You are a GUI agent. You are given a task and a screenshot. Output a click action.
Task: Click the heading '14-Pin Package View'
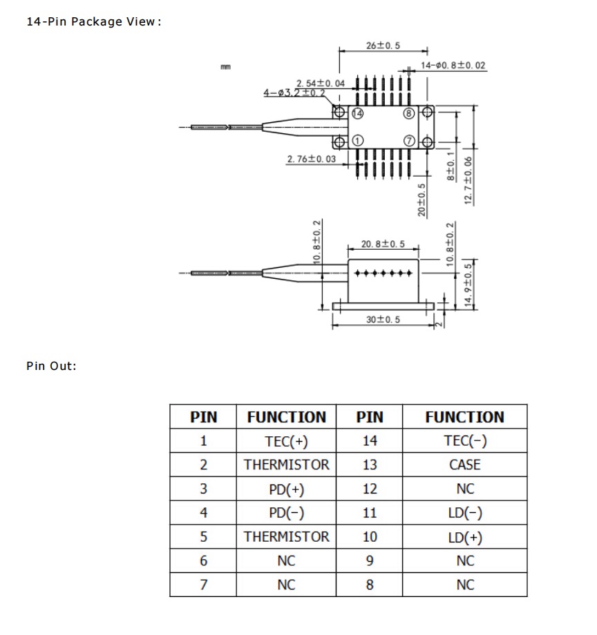pyautogui.click(x=93, y=21)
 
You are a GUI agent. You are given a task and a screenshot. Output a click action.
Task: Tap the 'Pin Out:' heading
pyautogui.click(x=51, y=366)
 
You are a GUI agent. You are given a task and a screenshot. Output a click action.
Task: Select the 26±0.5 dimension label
pyautogui.click(x=383, y=46)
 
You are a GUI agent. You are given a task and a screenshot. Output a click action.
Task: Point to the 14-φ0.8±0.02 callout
pyautogui.click(x=453, y=66)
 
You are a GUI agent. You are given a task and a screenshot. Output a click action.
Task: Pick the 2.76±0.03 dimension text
pyautogui.click(x=311, y=159)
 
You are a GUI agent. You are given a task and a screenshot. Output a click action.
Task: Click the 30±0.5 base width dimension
pyautogui.click(x=383, y=320)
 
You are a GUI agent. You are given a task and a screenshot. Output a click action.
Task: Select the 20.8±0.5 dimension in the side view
pyautogui.click(x=383, y=244)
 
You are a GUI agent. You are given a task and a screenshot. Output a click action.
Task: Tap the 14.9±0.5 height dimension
pyautogui.click(x=469, y=286)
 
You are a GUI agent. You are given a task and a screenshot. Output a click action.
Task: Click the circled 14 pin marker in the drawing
pyautogui.click(x=357, y=113)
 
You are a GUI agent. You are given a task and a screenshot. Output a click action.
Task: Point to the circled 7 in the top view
pyautogui.click(x=409, y=141)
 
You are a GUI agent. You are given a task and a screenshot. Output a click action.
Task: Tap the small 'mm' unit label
pyautogui.click(x=225, y=67)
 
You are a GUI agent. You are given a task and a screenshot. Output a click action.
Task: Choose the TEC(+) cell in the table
pyautogui.click(x=286, y=441)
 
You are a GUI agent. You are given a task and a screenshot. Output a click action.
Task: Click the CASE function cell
pyautogui.click(x=465, y=465)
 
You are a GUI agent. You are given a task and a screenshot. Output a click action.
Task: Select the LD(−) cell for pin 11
pyautogui.click(x=465, y=513)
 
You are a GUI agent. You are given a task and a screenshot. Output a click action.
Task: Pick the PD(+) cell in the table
pyautogui.click(x=286, y=489)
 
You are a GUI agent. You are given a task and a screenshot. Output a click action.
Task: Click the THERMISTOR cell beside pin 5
pyautogui.click(x=286, y=537)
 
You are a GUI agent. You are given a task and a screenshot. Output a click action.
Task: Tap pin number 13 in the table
pyautogui.click(x=370, y=465)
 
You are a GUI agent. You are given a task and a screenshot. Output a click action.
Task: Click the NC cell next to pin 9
pyautogui.click(x=465, y=561)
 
